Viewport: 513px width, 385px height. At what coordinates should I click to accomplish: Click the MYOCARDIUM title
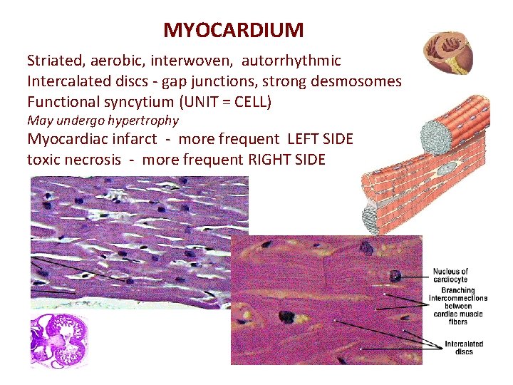click(x=233, y=30)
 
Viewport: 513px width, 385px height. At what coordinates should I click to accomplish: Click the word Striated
click(x=55, y=61)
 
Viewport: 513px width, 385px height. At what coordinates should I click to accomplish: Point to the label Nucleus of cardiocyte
click(x=450, y=275)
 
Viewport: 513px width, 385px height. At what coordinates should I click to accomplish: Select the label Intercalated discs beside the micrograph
click(x=464, y=348)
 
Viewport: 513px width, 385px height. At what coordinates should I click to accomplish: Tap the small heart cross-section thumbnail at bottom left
click(x=59, y=341)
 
